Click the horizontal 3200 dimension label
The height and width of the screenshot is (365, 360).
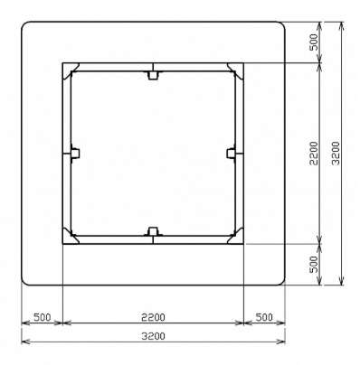click(x=154, y=336)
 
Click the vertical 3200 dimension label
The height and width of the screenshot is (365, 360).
click(x=336, y=153)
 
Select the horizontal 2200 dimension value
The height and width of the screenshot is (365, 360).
click(x=154, y=317)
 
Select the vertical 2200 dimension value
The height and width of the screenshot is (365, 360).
click(x=314, y=153)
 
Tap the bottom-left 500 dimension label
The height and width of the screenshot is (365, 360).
click(x=42, y=317)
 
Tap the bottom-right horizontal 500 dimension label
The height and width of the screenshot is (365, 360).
click(x=264, y=317)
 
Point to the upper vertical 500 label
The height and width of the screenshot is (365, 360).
click(x=314, y=42)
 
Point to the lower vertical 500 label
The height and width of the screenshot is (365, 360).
click(x=314, y=264)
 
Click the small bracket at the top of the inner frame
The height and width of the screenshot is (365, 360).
click(x=153, y=75)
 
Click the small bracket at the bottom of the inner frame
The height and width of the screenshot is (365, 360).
click(x=153, y=231)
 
